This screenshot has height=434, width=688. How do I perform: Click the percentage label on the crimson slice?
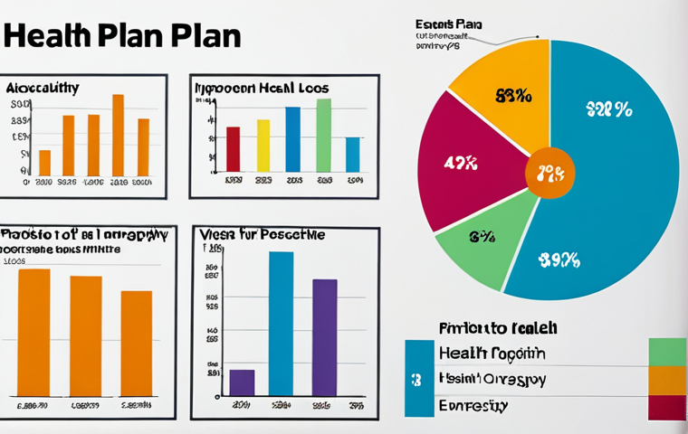click(461, 164)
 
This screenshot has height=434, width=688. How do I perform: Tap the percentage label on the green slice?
click(482, 237)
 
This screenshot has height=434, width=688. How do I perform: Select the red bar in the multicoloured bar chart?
click(233, 149)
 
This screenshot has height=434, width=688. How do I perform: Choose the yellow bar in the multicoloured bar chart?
click(263, 146)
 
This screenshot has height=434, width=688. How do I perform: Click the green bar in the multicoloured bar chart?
click(323, 135)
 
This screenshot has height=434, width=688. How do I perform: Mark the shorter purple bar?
click(242, 382)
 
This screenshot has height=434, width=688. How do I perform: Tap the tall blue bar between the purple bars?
click(282, 324)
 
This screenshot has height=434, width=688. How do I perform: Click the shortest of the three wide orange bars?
click(137, 344)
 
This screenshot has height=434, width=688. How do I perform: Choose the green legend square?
click(667, 352)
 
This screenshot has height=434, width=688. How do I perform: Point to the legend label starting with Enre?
click(473, 406)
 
